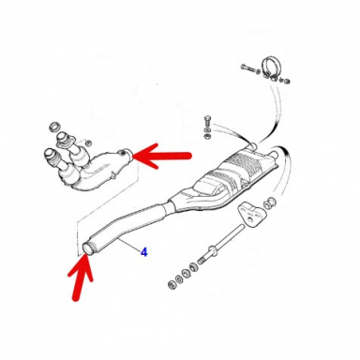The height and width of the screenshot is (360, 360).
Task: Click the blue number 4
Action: point(144,252)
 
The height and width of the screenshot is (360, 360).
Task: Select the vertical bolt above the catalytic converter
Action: point(206,122)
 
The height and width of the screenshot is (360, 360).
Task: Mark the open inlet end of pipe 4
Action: point(90,246)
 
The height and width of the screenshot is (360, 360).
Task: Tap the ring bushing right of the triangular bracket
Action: point(271,202)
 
